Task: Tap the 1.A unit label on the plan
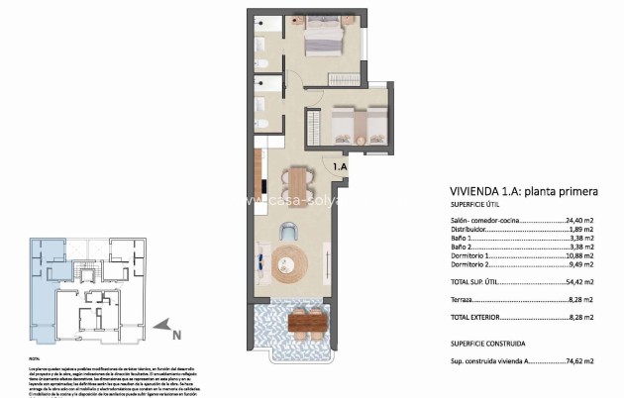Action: pyautogui.click(x=340, y=167)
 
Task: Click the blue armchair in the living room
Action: pyautogui.click(x=288, y=231)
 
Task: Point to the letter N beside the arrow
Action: pyautogui.click(x=175, y=335)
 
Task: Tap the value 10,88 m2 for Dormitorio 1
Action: pyautogui.click(x=578, y=256)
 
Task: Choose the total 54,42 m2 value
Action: pyautogui.click(x=578, y=282)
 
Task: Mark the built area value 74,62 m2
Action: pyautogui.click(x=578, y=362)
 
